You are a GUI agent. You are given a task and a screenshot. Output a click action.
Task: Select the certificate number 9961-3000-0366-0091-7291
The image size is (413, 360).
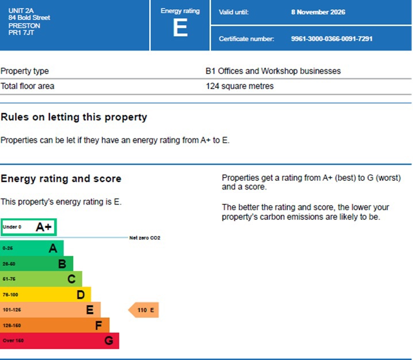click(x=331, y=39)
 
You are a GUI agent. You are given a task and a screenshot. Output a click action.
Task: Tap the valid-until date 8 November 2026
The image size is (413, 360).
click(x=318, y=12)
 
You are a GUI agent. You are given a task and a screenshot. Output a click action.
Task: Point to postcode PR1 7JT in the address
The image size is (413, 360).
click(x=21, y=33)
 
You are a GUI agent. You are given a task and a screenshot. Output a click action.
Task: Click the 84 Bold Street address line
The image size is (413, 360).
click(x=29, y=18)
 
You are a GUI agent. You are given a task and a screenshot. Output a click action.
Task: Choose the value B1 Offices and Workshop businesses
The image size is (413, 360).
click(x=273, y=71)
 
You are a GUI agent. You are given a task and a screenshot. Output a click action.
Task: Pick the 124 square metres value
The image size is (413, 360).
click(x=240, y=86)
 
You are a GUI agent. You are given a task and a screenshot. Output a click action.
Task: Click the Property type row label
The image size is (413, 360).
click(x=25, y=71)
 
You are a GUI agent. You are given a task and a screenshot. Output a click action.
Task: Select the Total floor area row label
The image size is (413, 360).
click(x=28, y=86)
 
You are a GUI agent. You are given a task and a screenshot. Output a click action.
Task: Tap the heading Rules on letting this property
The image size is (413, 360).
click(x=74, y=117)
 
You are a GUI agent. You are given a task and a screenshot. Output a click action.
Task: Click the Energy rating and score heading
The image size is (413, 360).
click(x=61, y=179)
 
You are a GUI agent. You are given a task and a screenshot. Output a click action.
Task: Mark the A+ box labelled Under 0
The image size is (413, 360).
click(x=28, y=227)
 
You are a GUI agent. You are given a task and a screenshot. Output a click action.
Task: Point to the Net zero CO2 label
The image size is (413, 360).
click(x=144, y=237)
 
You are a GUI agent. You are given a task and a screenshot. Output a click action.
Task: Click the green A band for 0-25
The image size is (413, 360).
click(x=32, y=249)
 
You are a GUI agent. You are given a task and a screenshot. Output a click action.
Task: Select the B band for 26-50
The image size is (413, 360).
click(x=36, y=264)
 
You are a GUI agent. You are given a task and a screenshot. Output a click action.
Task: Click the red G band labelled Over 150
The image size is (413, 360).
click(x=59, y=340)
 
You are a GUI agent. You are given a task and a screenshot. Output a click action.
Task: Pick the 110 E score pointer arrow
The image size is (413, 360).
click(x=144, y=311)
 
